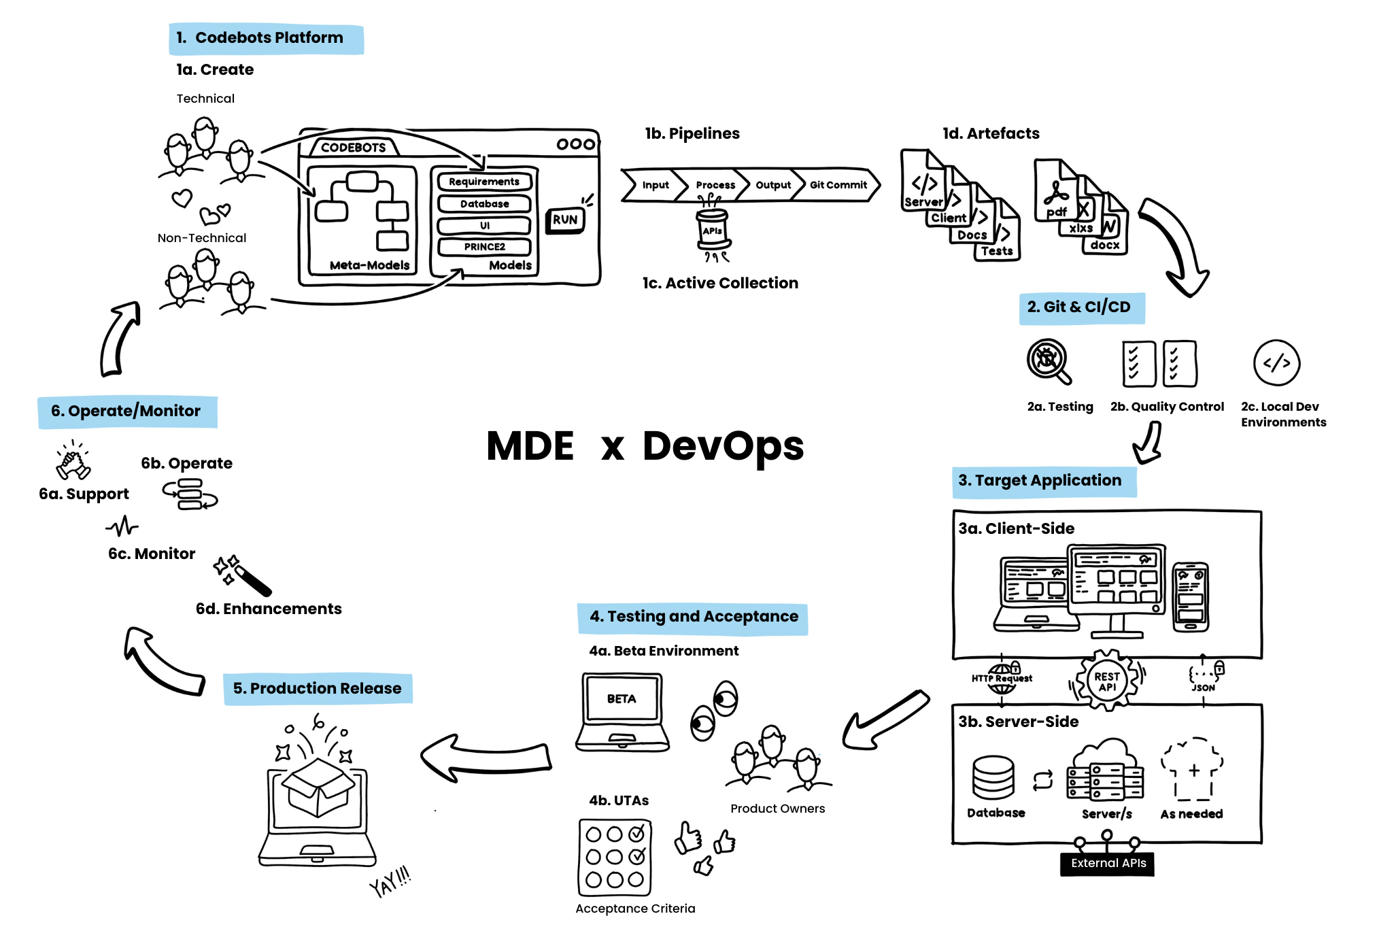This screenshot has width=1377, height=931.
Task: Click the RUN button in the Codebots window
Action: click(x=564, y=220)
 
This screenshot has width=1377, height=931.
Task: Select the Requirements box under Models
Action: click(x=484, y=182)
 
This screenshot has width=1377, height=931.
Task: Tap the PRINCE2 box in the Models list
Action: click(x=484, y=247)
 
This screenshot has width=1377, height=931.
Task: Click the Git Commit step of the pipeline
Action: click(x=838, y=185)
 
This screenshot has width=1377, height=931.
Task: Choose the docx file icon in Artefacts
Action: click(x=1105, y=235)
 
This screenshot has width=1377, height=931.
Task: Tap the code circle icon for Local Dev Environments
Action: click(x=1276, y=363)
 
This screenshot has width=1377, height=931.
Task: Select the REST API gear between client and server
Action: click(x=1106, y=681)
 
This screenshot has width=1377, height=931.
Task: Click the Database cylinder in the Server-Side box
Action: click(x=993, y=777)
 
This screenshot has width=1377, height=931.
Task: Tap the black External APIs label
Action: click(x=1108, y=863)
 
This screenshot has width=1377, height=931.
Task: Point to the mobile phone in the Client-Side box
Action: click(x=1191, y=596)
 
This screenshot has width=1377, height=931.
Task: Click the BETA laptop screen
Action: click(x=622, y=698)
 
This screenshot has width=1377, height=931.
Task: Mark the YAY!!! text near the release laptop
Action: click(x=390, y=882)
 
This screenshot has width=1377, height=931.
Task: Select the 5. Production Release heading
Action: click(x=318, y=688)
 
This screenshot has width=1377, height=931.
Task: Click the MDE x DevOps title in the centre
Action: click(x=645, y=447)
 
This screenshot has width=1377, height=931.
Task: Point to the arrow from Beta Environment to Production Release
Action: click(x=486, y=758)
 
